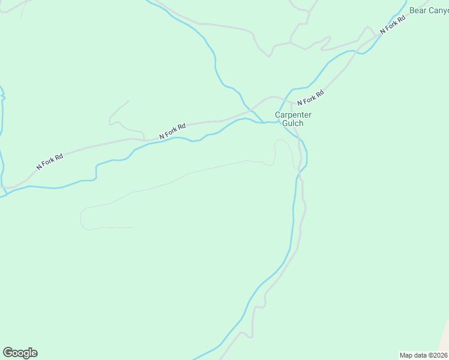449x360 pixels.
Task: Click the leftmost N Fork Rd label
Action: (x=50, y=161)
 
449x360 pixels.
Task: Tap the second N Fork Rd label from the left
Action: (x=173, y=131)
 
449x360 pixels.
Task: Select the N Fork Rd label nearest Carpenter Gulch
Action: (x=310, y=98)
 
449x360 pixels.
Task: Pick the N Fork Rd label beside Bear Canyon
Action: (x=393, y=25)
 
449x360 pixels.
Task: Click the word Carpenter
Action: (x=294, y=115)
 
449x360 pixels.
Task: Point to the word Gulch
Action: (x=294, y=123)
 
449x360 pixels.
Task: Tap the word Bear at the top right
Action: (x=418, y=10)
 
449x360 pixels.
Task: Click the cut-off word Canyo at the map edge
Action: (x=439, y=10)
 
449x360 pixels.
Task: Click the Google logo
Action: (x=20, y=353)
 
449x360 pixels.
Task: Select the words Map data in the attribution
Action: (x=413, y=355)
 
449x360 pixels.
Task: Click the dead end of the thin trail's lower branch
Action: (x=131, y=227)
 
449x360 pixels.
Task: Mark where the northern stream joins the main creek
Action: (x=263, y=122)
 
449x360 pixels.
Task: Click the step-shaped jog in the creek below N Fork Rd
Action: (x=95, y=172)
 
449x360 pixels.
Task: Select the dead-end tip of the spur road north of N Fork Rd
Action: (x=128, y=101)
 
